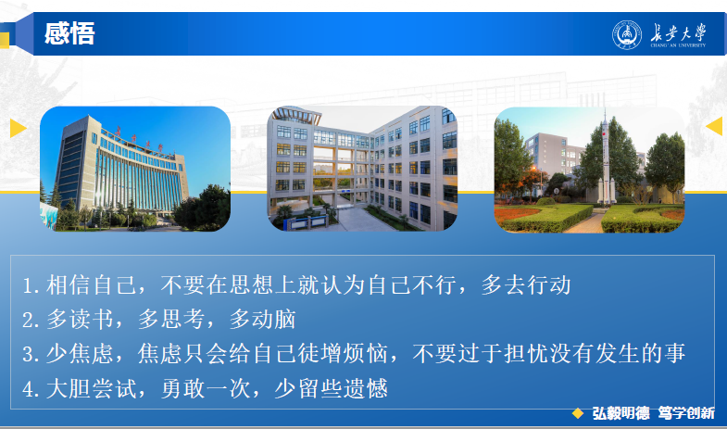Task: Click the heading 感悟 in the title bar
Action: pos(69,33)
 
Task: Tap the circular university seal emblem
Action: pos(627,35)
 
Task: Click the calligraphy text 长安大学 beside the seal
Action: pos(678,34)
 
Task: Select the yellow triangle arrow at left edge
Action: pos(18,129)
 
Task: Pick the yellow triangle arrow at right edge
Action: pos(714,126)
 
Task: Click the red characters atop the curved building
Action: pos(139,139)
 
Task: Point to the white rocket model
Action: pos(606,158)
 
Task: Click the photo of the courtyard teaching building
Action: pos(362,169)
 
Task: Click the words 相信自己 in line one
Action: pos(91,284)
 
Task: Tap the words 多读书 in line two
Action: pos(80,319)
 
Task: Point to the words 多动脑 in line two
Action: pos(262,319)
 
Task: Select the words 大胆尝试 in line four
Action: pos(91,388)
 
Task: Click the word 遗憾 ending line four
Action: pos(366,388)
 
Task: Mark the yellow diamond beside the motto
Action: pos(578,413)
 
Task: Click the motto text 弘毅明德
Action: pos(620,412)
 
